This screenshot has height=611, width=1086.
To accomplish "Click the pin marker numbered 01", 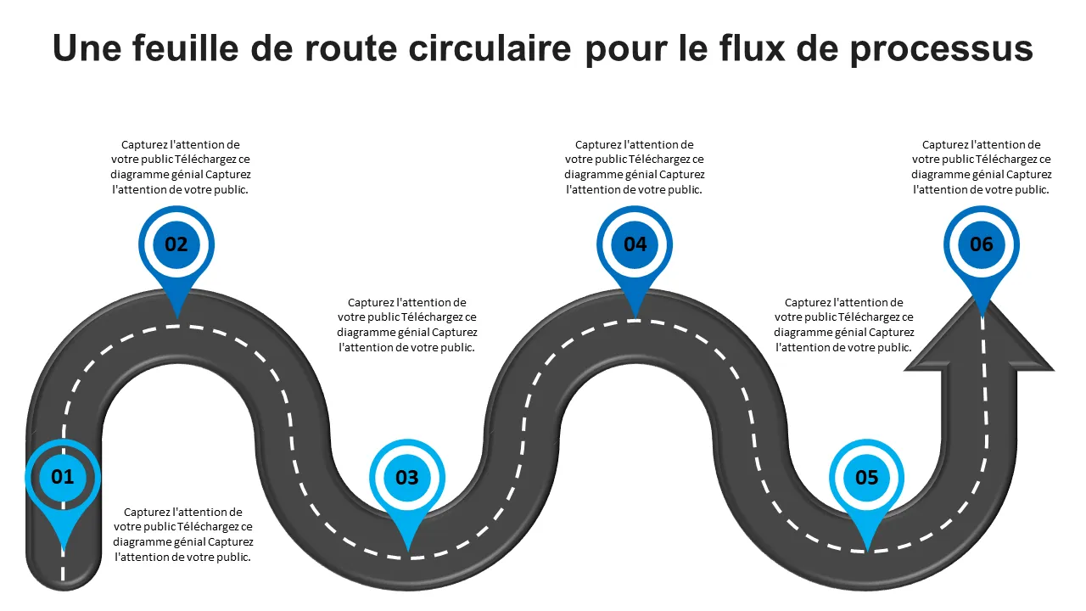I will pyautogui.click(x=63, y=477).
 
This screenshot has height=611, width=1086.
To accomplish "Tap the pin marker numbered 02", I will pyautogui.click(x=176, y=244).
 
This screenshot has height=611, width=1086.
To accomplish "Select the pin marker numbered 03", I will pyautogui.click(x=408, y=477).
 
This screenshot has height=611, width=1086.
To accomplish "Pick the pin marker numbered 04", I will pyautogui.click(x=635, y=244).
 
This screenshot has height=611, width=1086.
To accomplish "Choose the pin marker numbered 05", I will pyautogui.click(x=867, y=477).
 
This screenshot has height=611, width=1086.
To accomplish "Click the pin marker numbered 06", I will pyautogui.click(x=982, y=244).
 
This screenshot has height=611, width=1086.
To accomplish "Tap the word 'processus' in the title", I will pyautogui.click(x=942, y=48).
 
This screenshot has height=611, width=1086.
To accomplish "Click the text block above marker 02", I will pyautogui.click(x=181, y=167).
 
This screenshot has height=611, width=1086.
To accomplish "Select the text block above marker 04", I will pyautogui.click(x=635, y=167).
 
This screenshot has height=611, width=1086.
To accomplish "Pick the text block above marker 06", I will pyautogui.click(x=982, y=167).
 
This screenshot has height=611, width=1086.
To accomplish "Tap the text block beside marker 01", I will pyautogui.click(x=183, y=535).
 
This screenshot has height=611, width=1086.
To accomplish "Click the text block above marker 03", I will pyautogui.click(x=407, y=325).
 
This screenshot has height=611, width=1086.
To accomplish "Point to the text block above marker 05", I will pyautogui.click(x=844, y=325).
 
